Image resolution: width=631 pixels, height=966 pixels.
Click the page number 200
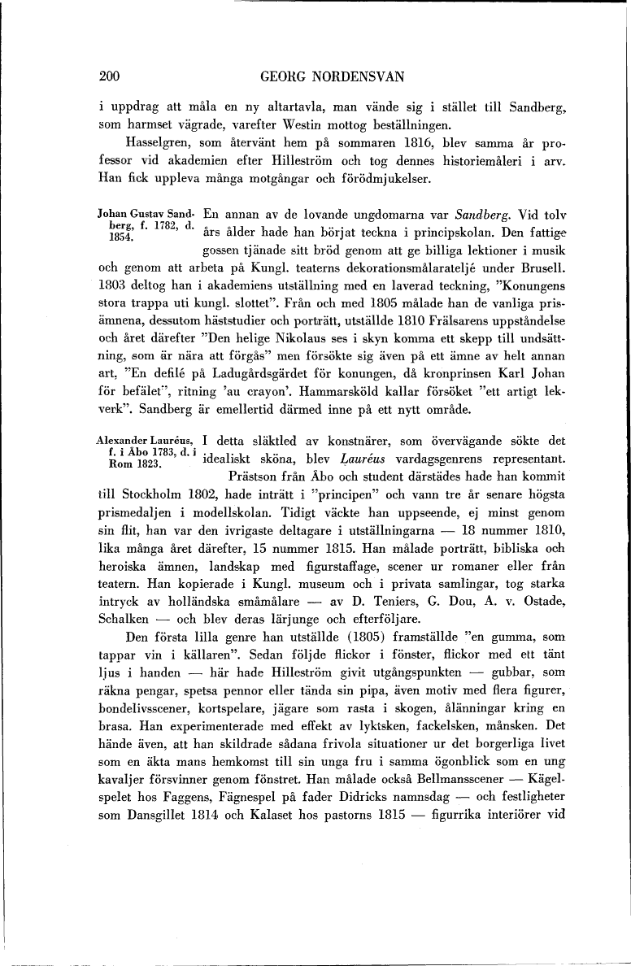click(109, 77)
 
